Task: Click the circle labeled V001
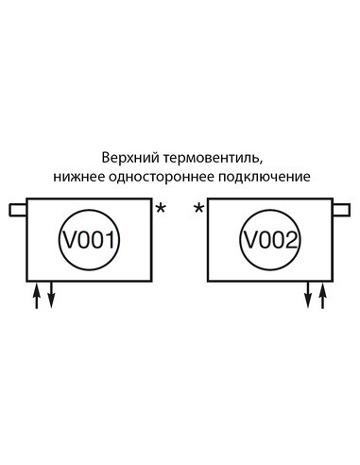(x=91, y=240)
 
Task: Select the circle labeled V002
(x=269, y=240)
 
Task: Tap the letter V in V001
(x=70, y=240)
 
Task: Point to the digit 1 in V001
(x=111, y=240)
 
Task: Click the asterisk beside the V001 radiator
(x=161, y=208)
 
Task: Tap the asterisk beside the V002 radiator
(x=198, y=208)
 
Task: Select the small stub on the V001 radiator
(x=18, y=209)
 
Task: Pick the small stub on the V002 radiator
(x=341, y=209)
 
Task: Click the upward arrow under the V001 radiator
(x=38, y=295)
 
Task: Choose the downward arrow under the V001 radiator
(x=51, y=295)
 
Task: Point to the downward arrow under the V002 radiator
(x=308, y=295)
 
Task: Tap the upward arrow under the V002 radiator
(x=322, y=295)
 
